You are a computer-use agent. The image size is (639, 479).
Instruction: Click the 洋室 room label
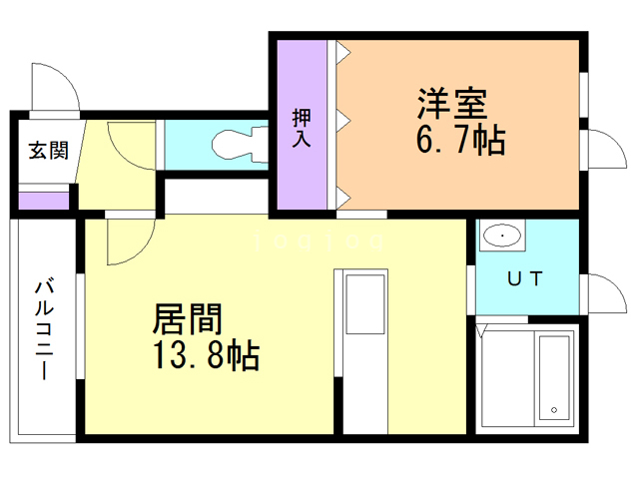[452, 105]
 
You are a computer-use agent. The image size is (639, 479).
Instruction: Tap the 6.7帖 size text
[459, 141]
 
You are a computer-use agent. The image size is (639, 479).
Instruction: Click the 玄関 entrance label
[47, 151]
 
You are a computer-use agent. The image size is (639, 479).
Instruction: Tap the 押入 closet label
[302, 127]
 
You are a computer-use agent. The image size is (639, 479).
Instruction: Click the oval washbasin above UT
[501, 238]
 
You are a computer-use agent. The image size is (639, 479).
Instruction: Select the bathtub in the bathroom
[554, 376]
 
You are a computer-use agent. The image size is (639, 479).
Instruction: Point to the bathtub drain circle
[552, 409]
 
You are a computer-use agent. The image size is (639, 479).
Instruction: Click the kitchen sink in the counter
[364, 305]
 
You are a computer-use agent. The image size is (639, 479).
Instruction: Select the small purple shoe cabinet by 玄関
[44, 200]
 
